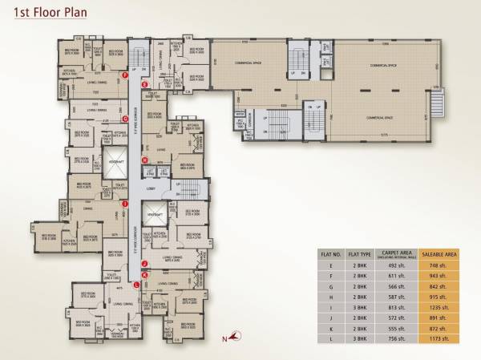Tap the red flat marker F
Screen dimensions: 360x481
(x=125, y=75)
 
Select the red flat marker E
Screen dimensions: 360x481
(x=145, y=84)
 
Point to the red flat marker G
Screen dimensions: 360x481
(x=125, y=119)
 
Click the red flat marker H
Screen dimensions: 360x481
(x=145, y=160)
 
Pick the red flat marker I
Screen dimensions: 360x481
(x=125, y=204)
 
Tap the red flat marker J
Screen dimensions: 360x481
(x=144, y=263)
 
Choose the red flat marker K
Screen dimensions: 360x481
(x=144, y=274)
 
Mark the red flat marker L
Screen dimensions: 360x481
(x=137, y=285)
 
